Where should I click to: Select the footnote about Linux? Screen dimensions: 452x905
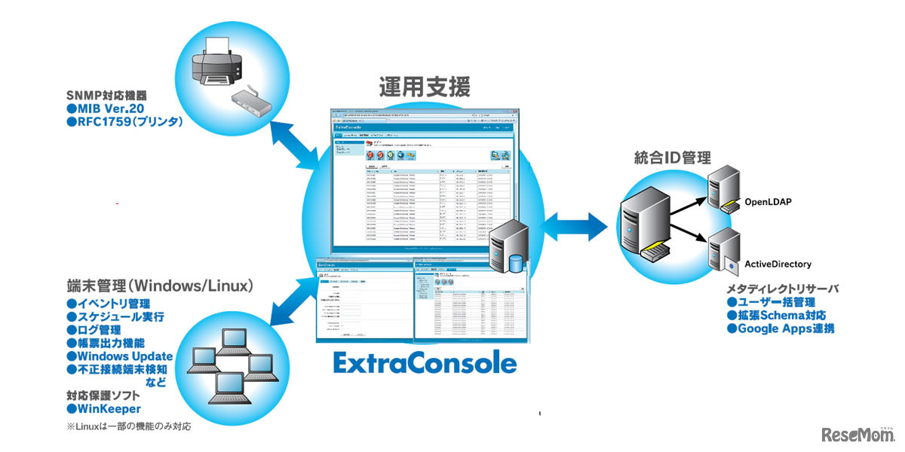128,427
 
